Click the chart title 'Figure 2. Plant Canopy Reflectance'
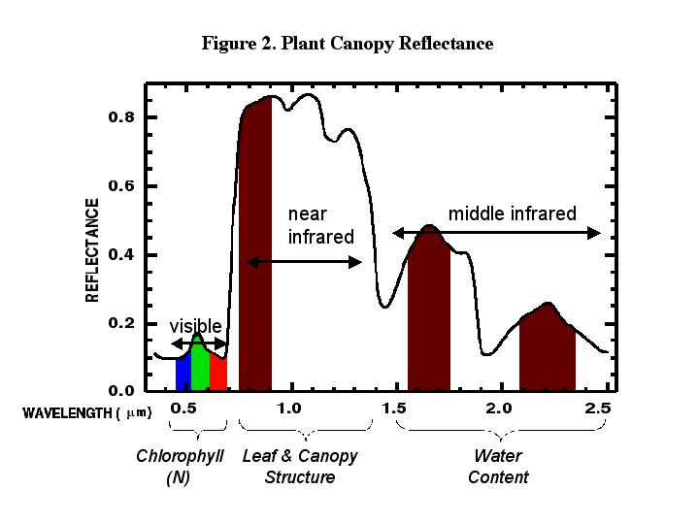coord(348,45)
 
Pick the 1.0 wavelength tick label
coord(288,409)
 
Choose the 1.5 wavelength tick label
coord(395,409)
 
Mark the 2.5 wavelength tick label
coord(599,409)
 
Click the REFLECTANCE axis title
coord(93,250)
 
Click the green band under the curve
coord(200,366)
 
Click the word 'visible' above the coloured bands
coord(195,326)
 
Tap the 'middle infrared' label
coord(512,213)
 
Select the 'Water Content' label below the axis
coord(497,467)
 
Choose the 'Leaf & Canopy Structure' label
coord(300,467)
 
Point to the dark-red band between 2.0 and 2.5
coord(547,351)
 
